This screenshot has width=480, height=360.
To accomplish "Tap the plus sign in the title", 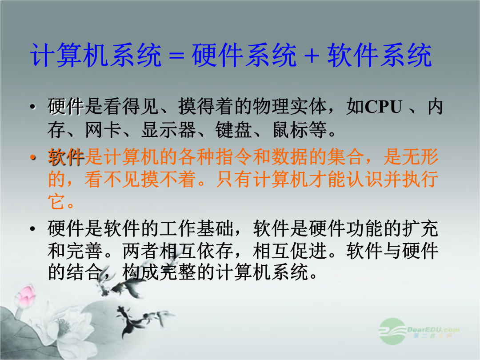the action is click(312, 56).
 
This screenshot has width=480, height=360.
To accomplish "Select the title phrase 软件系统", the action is click(380, 55).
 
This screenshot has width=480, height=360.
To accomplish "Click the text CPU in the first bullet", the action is click(384, 107).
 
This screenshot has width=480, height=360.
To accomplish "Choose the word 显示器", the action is click(168, 130).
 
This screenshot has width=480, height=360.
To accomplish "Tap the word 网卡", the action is click(103, 130).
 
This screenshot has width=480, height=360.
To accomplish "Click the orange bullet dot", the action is click(33, 157).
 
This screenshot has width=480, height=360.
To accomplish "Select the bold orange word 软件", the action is click(66, 157).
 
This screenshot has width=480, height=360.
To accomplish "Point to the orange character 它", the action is click(56, 201).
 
